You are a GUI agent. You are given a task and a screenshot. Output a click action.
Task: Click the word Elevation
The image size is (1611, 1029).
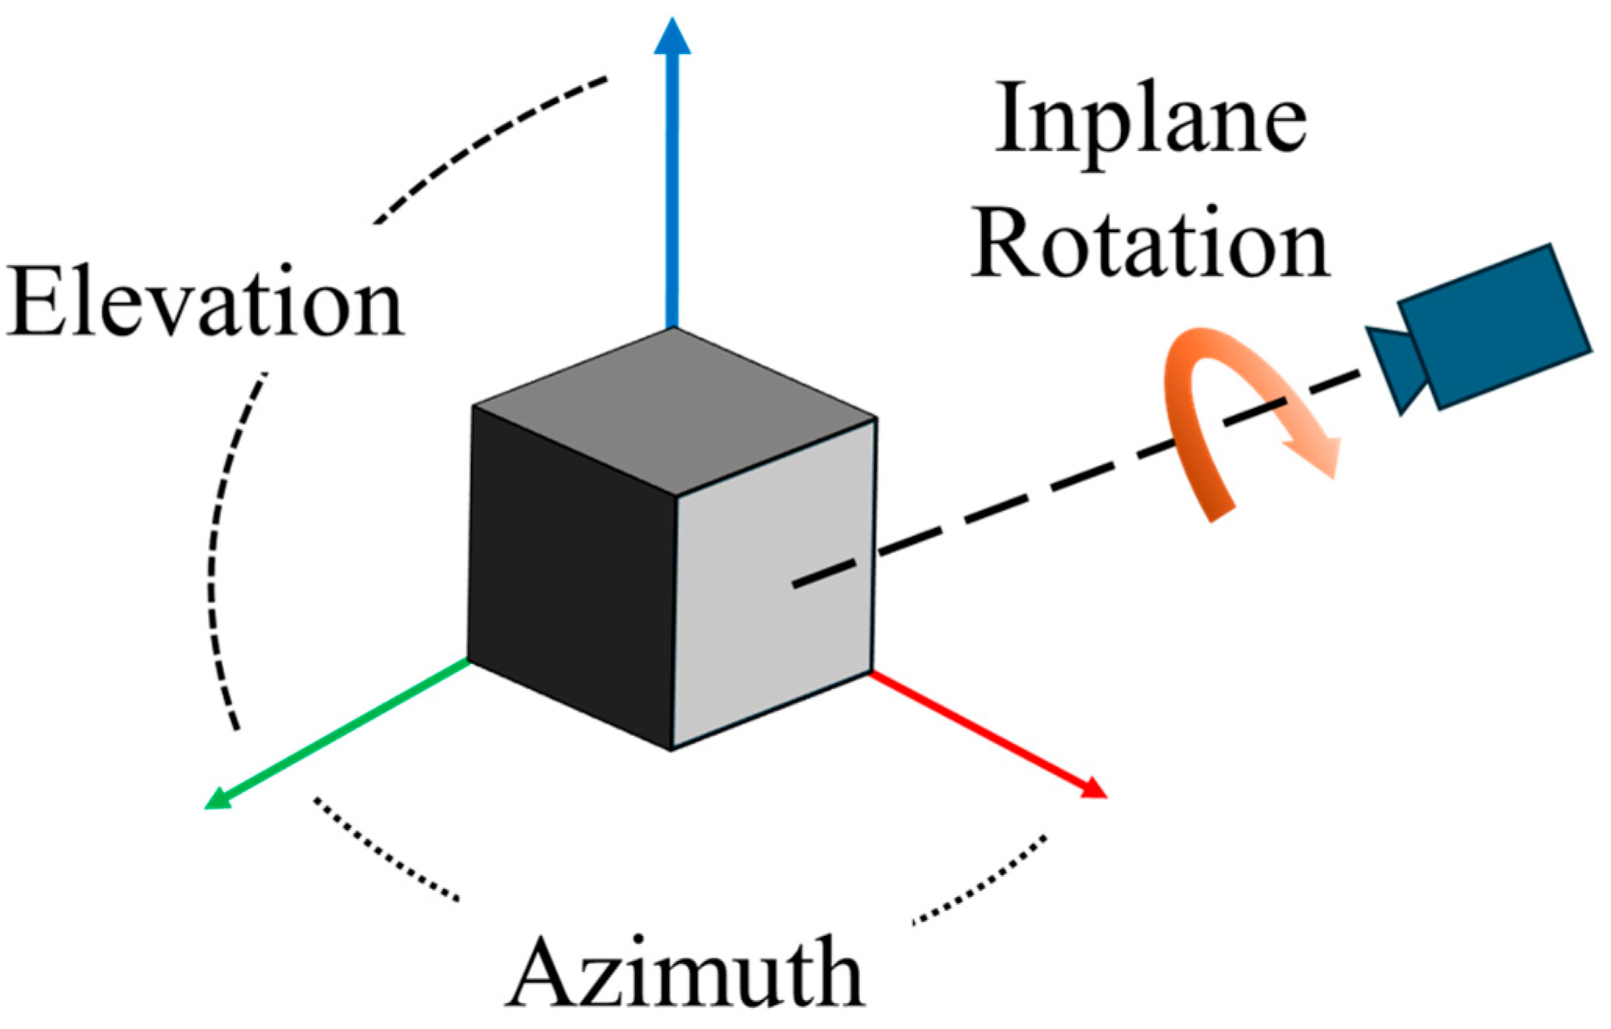[x=205, y=303]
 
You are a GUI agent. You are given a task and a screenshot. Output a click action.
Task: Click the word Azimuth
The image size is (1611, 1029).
[x=686, y=974]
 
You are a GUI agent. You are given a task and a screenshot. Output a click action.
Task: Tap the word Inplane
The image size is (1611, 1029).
[x=1150, y=119]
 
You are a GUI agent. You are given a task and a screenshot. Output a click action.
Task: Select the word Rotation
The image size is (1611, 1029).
[x=1150, y=244]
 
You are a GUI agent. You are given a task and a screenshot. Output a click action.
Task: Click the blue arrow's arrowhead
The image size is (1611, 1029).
[x=672, y=38]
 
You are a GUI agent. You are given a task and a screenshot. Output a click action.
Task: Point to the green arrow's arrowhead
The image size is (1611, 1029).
[x=218, y=799]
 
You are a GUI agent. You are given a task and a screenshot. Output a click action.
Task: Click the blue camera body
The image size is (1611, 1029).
[x=1494, y=327]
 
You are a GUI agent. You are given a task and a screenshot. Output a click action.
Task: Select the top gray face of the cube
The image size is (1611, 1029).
[x=673, y=409]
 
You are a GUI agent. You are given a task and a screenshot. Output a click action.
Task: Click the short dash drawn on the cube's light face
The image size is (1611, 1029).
[x=823, y=573]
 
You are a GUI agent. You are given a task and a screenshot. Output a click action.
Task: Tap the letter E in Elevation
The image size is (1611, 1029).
[x=36, y=303]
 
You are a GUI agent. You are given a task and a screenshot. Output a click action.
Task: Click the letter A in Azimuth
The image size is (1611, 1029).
[x=542, y=974]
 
